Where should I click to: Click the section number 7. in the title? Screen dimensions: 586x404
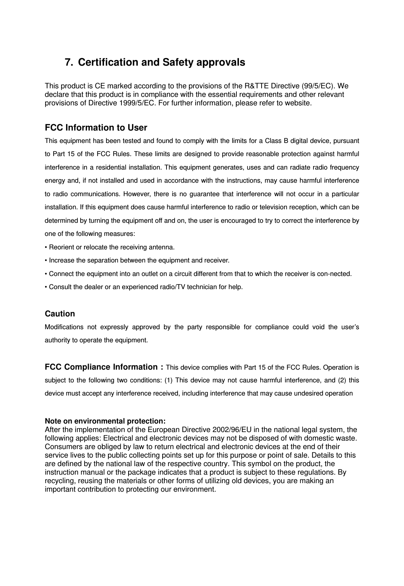click(x=69, y=62)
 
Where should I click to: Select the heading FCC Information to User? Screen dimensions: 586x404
click(x=96, y=128)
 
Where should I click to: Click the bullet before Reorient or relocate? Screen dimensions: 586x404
click(x=46, y=247)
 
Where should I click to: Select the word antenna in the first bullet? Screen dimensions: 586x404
click(x=163, y=247)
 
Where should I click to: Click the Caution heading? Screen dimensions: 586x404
click(x=60, y=314)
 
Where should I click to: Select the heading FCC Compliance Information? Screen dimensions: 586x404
click(x=104, y=367)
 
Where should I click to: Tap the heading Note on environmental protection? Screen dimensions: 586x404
click(x=105, y=421)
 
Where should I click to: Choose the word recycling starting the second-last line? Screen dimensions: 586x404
click(x=58, y=481)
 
